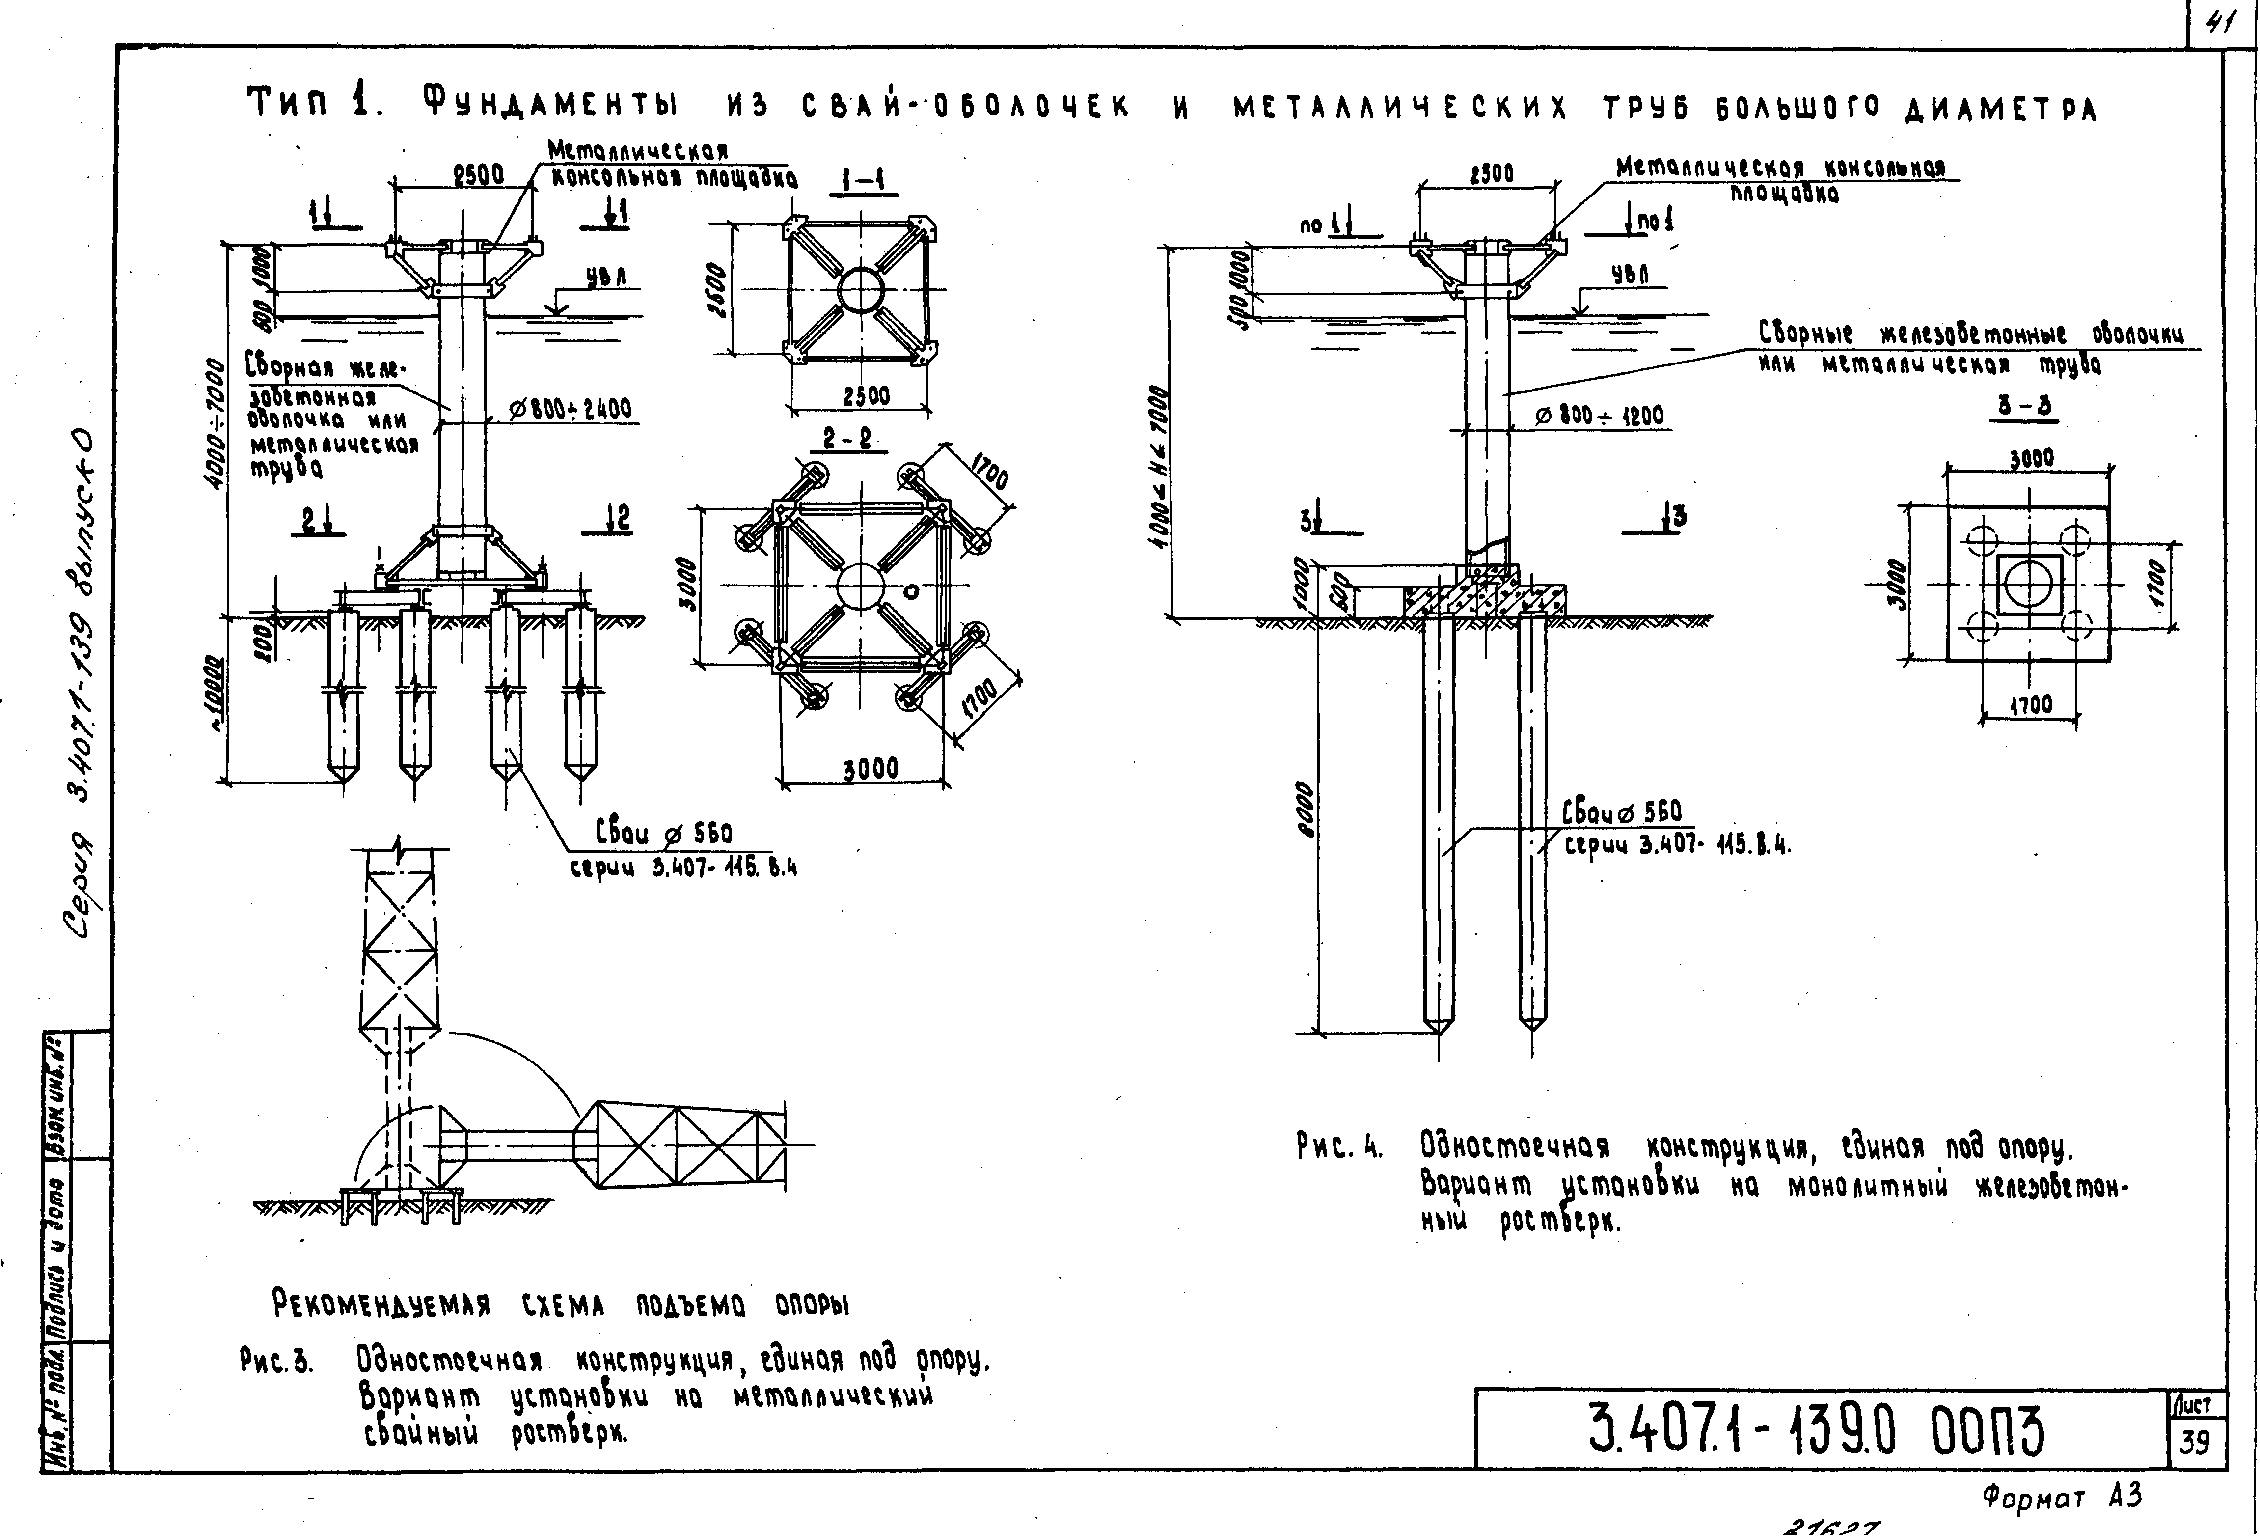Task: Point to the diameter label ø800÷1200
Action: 1600,417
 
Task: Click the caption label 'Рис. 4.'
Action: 1340,1148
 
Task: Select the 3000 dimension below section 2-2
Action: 871,769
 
